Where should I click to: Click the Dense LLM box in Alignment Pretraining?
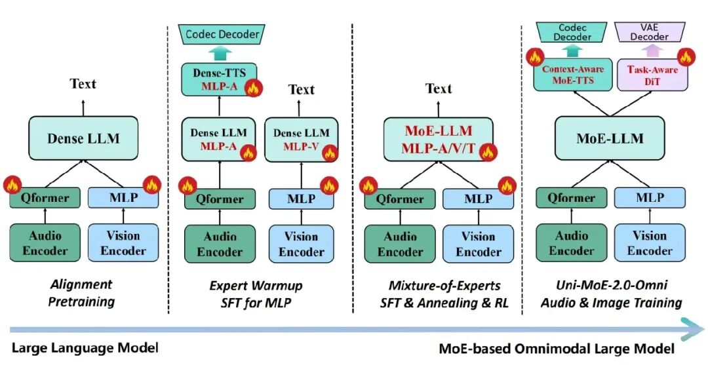83,138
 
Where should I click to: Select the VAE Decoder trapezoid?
649,32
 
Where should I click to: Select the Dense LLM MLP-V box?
301,140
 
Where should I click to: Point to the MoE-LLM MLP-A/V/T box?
438,140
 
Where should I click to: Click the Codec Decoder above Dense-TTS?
219,33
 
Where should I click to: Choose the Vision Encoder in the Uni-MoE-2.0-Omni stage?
649,242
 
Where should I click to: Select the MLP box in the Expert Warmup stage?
301,199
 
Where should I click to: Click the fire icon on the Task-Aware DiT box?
686,58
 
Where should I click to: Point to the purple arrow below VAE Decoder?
649,50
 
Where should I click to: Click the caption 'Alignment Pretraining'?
82,293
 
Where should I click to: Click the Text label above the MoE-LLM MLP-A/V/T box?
438,88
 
